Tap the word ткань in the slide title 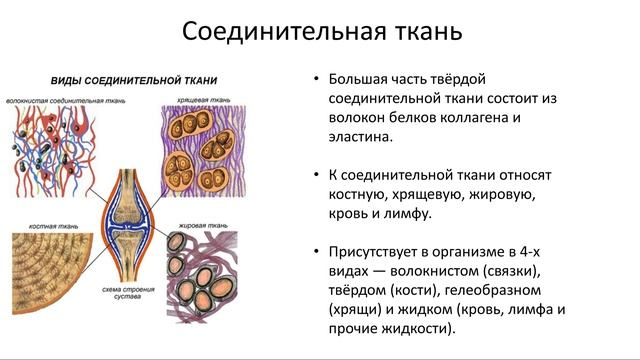(422, 31)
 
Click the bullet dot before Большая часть (316, 81)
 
